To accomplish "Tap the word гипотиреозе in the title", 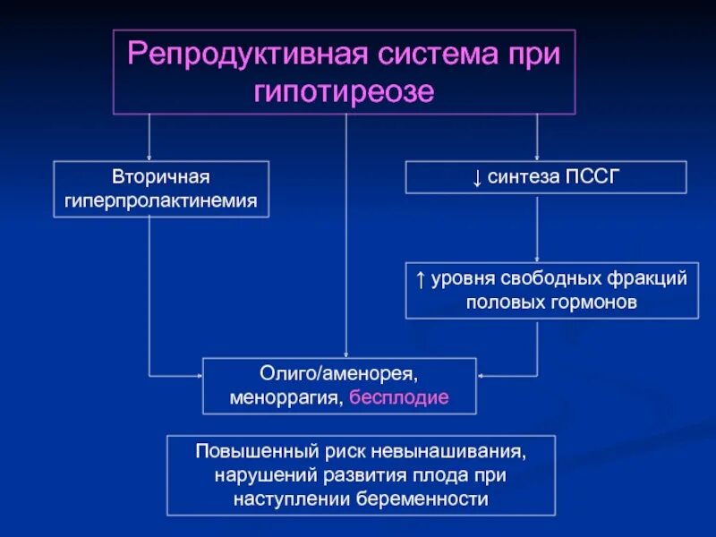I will (345, 92).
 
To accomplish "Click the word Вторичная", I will (161, 177).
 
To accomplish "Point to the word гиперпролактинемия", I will (161, 201).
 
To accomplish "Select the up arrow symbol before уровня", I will (421, 278).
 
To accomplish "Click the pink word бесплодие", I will (398, 396).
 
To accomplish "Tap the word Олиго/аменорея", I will (339, 371).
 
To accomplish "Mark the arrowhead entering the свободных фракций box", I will (536, 258).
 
